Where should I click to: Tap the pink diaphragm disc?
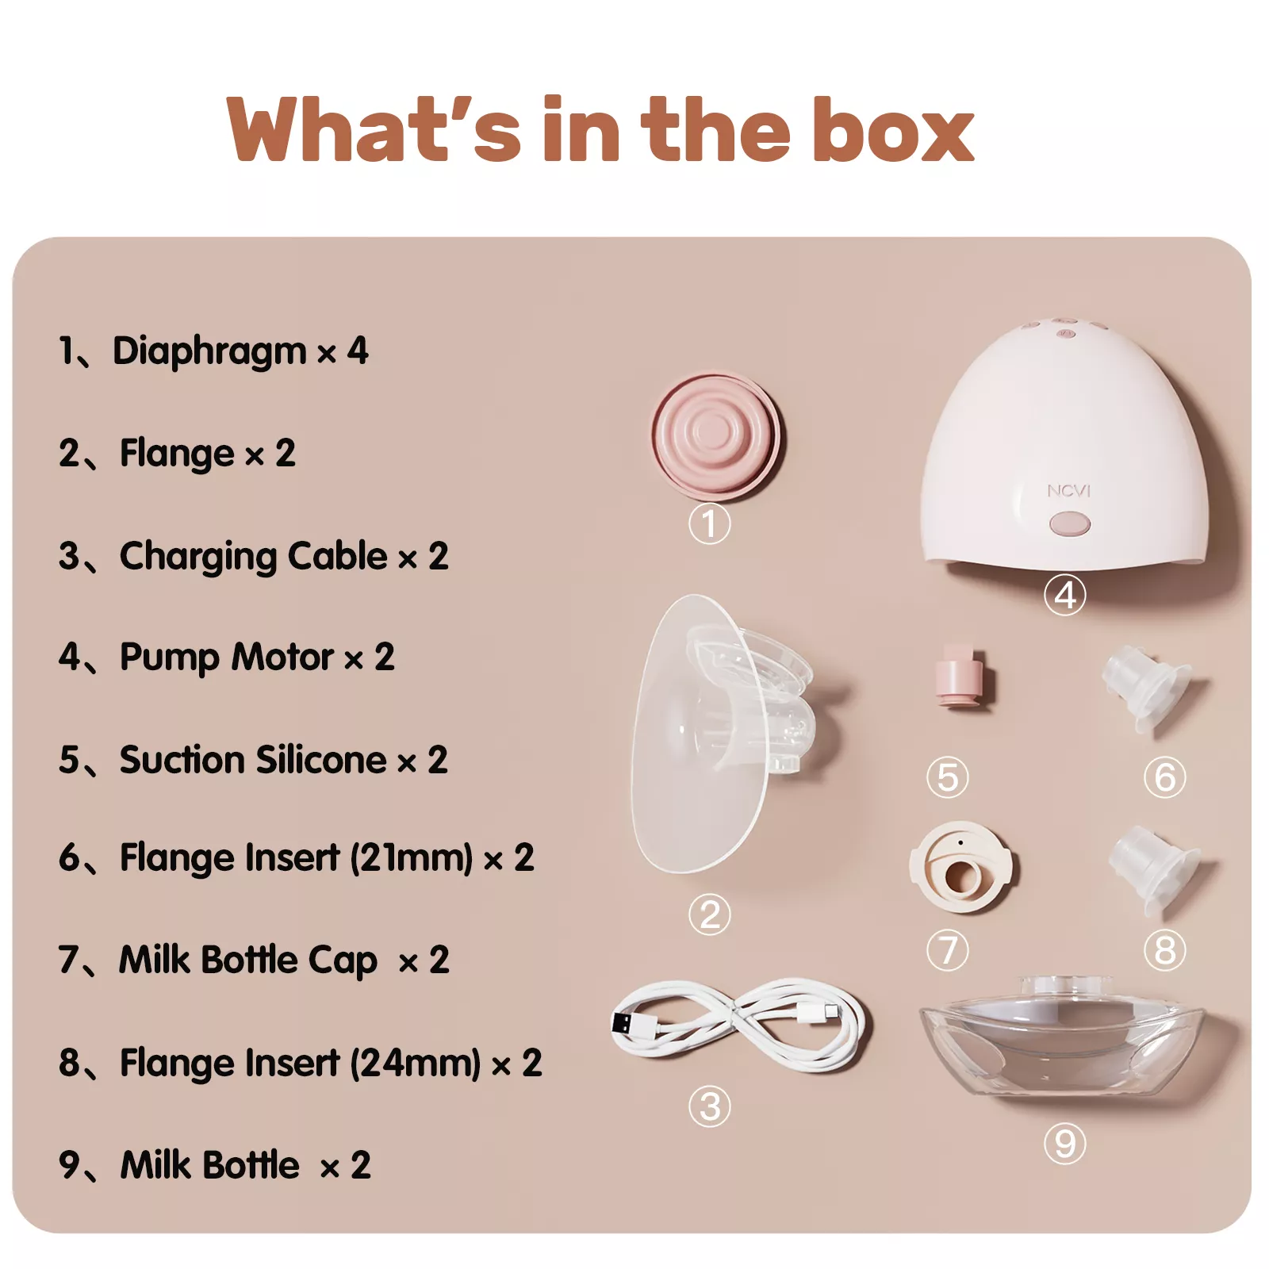click(x=715, y=436)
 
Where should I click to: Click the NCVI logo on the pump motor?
click(x=1068, y=491)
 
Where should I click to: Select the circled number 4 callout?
click(x=1064, y=595)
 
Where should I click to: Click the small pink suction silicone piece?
click(x=960, y=676)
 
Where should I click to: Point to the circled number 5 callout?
click(x=947, y=777)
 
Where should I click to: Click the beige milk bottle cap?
click(x=960, y=867)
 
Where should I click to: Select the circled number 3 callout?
click(x=709, y=1106)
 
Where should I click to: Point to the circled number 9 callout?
click(x=1064, y=1144)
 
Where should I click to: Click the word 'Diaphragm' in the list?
click(x=209, y=351)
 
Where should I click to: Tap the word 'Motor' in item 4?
click(x=282, y=658)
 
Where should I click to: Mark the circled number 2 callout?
click(x=709, y=914)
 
